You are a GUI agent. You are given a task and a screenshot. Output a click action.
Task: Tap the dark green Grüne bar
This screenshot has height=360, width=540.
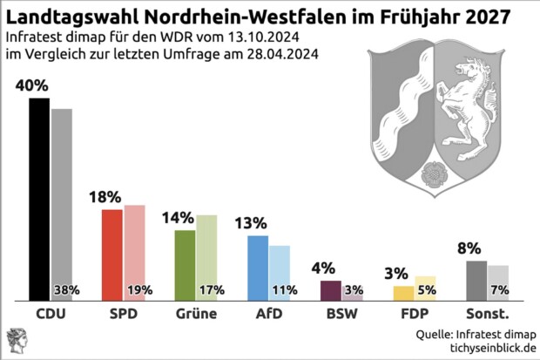click(186, 265)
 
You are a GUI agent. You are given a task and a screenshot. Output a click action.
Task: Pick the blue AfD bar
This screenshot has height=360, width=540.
click(258, 268)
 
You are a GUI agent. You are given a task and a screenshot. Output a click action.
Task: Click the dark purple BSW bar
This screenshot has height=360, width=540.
click(331, 290)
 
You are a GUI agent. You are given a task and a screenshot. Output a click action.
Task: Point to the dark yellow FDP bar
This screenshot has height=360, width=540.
click(403, 293)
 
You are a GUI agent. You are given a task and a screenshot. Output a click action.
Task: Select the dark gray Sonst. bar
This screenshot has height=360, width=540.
click(476, 280)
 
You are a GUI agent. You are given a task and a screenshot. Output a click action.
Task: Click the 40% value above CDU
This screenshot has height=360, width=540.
click(31, 86)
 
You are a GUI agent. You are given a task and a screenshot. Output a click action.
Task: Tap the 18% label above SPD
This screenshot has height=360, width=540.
click(105, 198)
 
